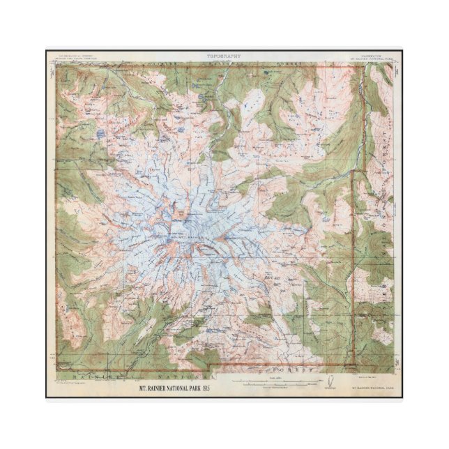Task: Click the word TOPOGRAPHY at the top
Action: [224, 54]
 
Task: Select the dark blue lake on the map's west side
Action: [102, 131]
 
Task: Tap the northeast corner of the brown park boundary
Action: [363, 67]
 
